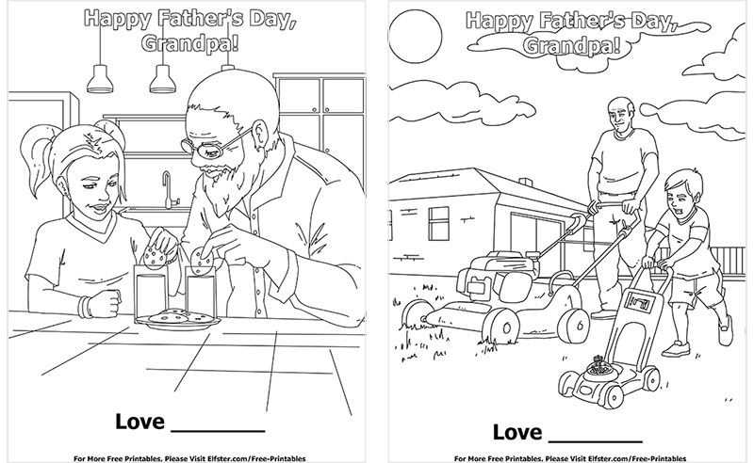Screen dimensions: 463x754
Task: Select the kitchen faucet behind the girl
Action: click(x=166, y=188)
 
